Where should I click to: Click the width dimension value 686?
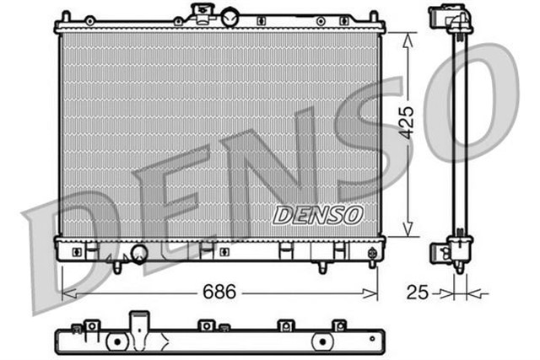point(219,292)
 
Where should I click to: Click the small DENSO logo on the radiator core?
point(317,215)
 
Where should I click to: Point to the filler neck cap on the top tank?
point(203,12)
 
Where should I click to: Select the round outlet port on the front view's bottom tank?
point(138,253)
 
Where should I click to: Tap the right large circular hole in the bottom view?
point(321,341)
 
